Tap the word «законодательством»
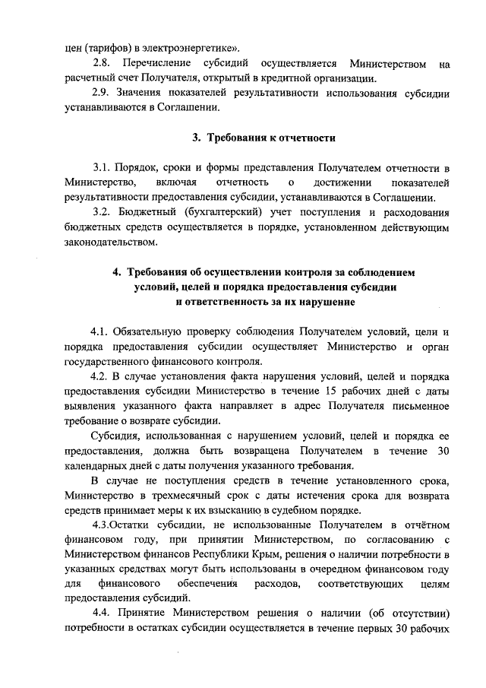click(x=112, y=243)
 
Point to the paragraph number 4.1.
click(x=100, y=332)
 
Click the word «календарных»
click(x=96, y=466)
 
